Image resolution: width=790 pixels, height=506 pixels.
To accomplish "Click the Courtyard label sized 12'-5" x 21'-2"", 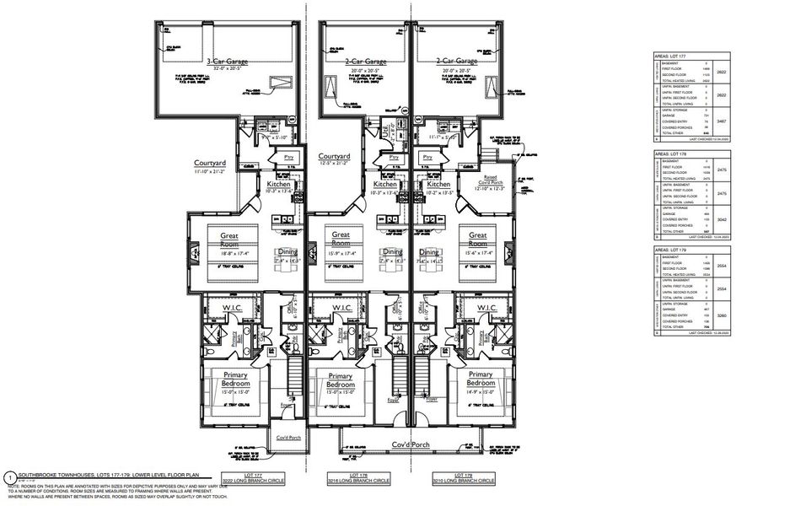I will tap(335, 157).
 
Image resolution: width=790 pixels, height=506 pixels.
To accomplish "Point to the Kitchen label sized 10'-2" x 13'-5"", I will tap(438, 185).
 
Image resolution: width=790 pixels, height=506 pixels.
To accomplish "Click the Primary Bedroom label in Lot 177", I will tap(229, 379).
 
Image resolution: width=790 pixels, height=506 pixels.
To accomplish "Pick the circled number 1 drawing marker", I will tap(8, 475).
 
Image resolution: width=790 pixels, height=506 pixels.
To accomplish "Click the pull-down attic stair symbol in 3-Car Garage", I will tap(277, 82).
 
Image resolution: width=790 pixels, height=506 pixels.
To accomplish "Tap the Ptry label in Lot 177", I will tap(288, 157).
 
